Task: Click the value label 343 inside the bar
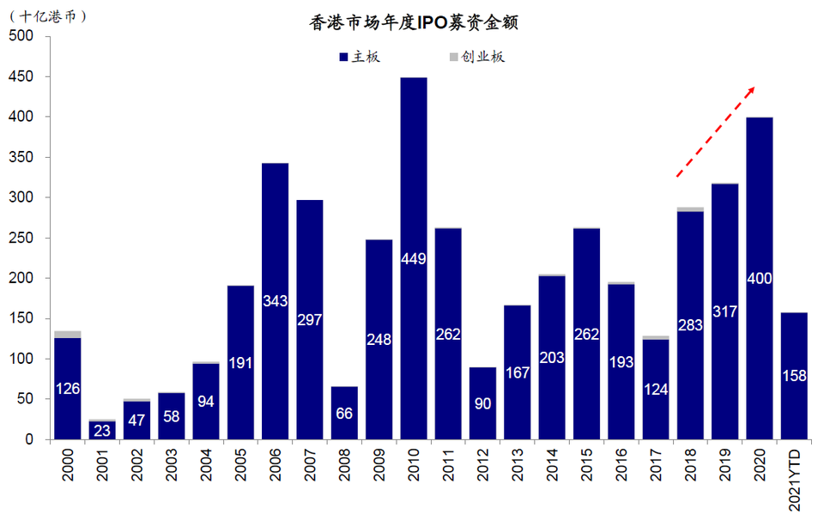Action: point(276,301)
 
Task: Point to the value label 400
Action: point(760,279)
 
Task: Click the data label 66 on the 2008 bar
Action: point(344,414)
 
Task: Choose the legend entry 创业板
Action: point(477,57)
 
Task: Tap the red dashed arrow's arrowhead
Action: point(752,89)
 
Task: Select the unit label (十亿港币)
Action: point(48,15)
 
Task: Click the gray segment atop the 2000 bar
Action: point(68,334)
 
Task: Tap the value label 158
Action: point(795,376)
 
